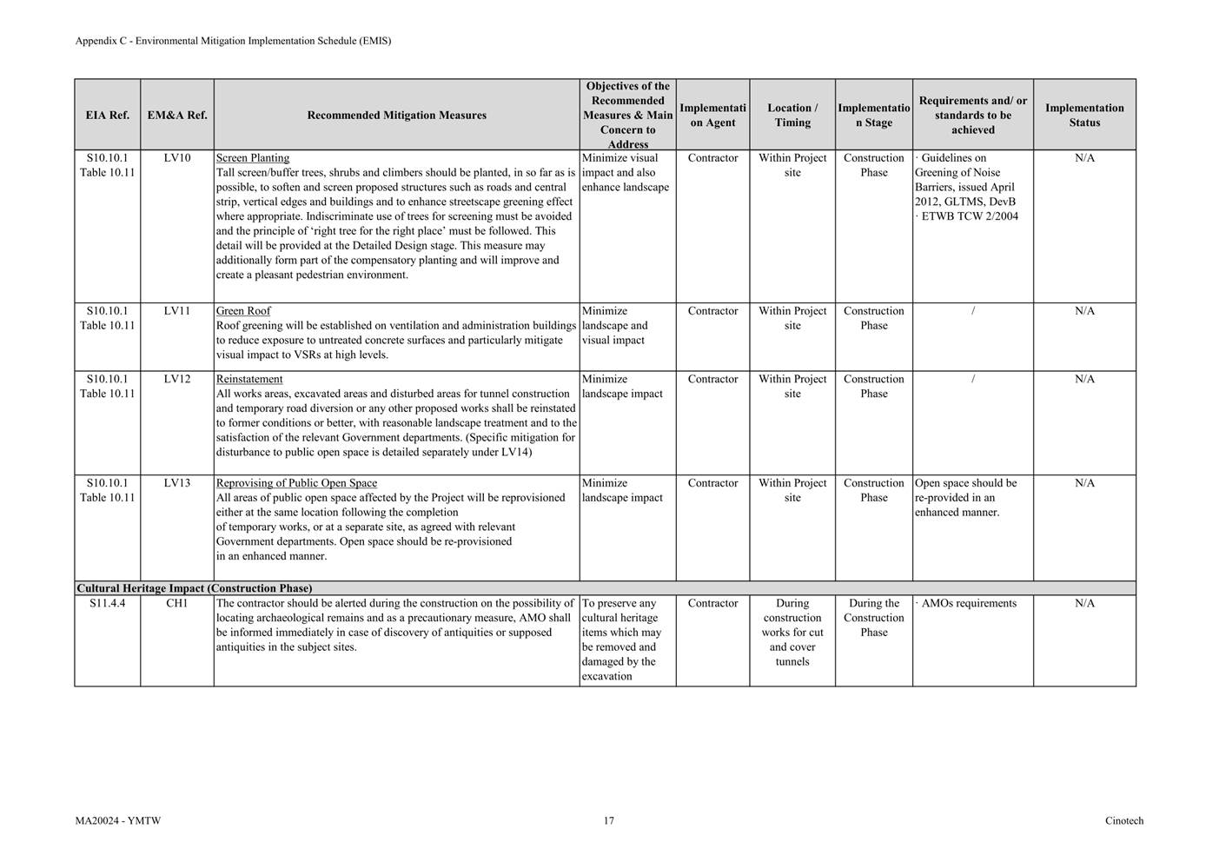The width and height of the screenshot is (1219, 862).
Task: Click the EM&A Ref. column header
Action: (x=177, y=115)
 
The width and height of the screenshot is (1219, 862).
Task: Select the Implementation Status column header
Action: (x=1084, y=115)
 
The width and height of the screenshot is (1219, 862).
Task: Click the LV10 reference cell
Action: (x=177, y=158)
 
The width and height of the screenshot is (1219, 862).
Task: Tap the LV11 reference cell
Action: (x=177, y=311)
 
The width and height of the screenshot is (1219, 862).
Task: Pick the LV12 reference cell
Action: (x=177, y=379)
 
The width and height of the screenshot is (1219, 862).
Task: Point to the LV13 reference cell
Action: (x=177, y=483)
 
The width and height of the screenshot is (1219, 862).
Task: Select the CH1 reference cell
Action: (x=177, y=603)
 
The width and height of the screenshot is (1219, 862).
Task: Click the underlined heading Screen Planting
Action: (x=253, y=158)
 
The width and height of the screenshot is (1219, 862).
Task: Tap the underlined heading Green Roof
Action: (x=243, y=311)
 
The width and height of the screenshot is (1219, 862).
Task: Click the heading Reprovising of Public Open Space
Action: (x=296, y=483)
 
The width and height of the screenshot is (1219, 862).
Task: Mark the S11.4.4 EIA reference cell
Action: (x=108, y=603)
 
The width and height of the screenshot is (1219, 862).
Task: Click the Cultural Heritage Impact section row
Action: (x=195, y=588)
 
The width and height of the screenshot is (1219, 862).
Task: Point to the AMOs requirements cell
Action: (x=968, y=603)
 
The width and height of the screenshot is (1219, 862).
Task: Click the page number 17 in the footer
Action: (x=609, y=820)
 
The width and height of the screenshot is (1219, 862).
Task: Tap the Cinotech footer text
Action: (x=1124, y=820)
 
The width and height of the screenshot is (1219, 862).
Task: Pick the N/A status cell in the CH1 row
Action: (x=1084, y=603)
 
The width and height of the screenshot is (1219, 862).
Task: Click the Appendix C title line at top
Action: (x=233, y=41)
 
